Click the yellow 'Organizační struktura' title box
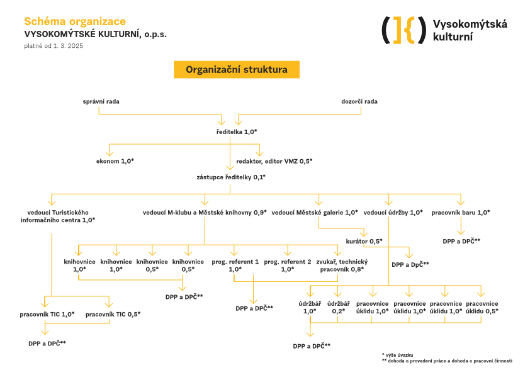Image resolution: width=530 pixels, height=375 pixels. click(x=237, y=70)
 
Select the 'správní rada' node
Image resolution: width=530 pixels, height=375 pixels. click(x=101, y=101)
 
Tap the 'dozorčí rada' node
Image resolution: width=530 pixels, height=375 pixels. click(x=359, y=101)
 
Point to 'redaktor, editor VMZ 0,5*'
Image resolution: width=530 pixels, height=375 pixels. click(x=274, y=161)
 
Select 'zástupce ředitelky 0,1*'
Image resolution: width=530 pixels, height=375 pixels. click(x=231, y=177)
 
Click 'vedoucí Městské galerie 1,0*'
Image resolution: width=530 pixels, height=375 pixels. click(x=315, y=212)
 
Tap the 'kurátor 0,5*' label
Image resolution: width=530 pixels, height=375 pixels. click(x=364, y=241)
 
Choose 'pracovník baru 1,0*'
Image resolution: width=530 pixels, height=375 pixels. click(x=461, y=212)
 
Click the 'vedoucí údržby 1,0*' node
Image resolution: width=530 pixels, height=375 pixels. click(x=393, y=212)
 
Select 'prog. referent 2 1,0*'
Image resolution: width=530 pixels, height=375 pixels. click(x=288, y=265)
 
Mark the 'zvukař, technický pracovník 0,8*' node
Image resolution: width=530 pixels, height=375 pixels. click(x=342, y=265)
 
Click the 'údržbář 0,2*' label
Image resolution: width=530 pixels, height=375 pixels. click(x=338, y=307)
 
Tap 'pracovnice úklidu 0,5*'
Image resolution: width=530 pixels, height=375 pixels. click(x=482, y=307)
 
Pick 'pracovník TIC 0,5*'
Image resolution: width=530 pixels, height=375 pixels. click(x=113, y=313)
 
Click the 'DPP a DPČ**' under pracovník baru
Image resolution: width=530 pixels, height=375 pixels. click(x=461, y=240)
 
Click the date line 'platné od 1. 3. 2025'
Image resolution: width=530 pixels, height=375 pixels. click(x=54, y=46)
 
